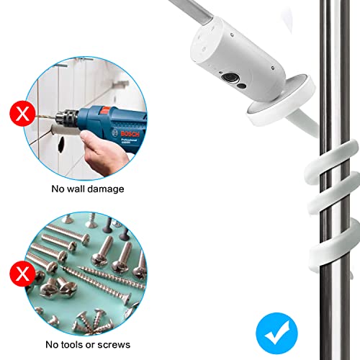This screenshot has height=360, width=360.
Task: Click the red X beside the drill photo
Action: click(22, 113)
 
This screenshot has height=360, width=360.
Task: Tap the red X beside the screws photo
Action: click(22, 274)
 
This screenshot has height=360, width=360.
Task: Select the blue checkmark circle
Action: click(276, 333)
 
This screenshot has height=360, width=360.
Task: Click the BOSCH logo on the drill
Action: click(130, 133)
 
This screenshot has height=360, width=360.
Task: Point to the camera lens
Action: click(230, 77)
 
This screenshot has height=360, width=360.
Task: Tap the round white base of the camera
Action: click(281, 101)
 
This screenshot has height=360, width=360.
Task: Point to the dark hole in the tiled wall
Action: click(61, 145)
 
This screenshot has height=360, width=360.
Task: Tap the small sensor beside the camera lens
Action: click(243, 86)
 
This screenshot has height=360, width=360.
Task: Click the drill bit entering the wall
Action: click(45, 117)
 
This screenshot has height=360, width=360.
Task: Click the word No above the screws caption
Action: click(52, 345)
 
